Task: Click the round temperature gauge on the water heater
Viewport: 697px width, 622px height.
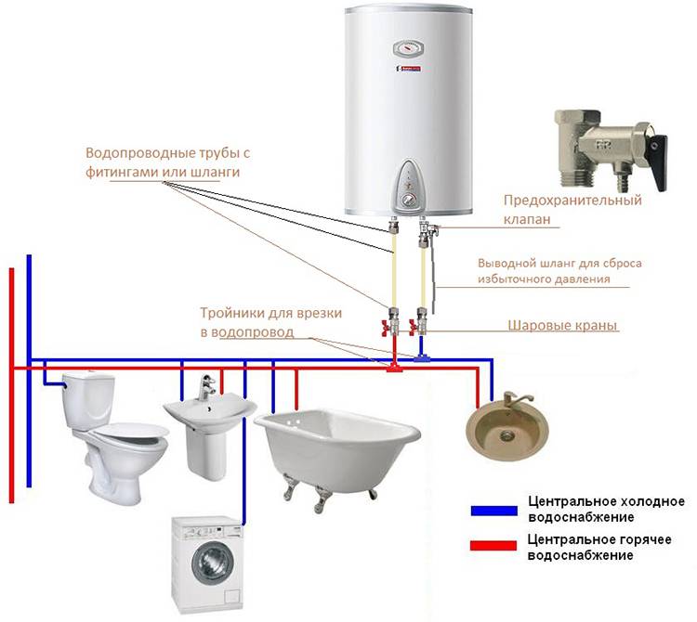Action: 409,48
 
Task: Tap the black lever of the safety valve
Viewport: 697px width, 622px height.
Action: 657,163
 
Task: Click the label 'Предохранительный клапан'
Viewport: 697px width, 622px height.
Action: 572,209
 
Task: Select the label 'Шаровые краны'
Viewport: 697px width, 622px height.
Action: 562,326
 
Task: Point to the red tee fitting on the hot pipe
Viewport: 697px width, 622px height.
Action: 394,368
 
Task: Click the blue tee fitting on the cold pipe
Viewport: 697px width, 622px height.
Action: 421,357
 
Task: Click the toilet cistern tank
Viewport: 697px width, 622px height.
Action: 88,400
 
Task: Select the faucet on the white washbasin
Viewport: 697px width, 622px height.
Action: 206,387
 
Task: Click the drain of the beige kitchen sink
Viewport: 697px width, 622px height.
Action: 507,435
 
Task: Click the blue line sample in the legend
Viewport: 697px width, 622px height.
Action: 493,511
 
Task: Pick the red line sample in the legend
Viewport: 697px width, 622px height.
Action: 493,545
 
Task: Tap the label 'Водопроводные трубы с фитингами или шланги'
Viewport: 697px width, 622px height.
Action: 168,162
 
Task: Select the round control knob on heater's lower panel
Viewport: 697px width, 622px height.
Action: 407,201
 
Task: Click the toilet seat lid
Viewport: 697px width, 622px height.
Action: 133,430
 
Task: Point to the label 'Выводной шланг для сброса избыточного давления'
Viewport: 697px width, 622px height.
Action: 559,271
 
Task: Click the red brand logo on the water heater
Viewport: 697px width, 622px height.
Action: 409,69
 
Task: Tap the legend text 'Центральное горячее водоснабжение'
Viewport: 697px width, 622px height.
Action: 599,548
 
